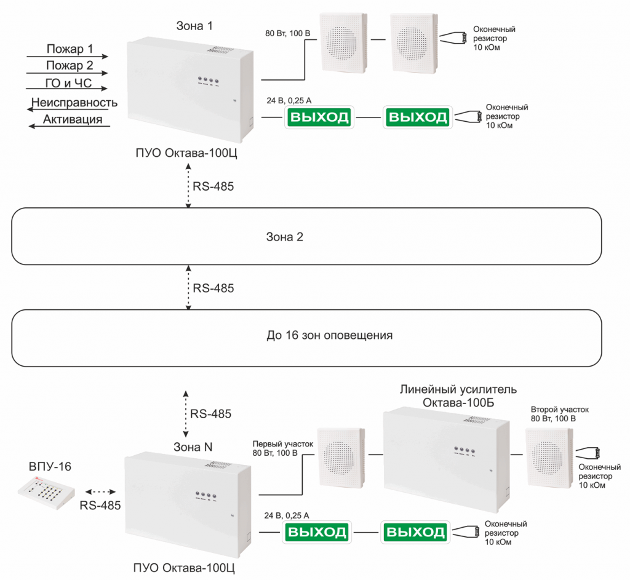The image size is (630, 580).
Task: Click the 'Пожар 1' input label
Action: [70, 49]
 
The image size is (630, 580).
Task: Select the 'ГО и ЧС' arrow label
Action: [69, 84]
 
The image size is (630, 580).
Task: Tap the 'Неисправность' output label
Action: [75, 102]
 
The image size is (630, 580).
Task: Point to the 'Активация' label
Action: [72, 119]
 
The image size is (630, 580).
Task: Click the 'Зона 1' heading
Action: [194, 26]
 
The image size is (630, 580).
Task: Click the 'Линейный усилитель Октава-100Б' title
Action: [458, 396]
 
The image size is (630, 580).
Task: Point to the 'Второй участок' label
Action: [560, 409]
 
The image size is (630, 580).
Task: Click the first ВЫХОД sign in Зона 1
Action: [319, 117]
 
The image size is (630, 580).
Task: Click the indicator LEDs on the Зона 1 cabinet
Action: [206, 81]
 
